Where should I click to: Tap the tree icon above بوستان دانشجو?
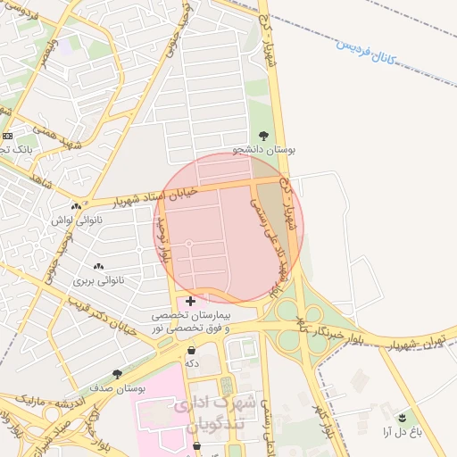[262, 135]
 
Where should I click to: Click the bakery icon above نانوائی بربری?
[97, 266]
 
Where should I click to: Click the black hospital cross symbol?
[191, 302]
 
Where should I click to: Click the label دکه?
[191, 363]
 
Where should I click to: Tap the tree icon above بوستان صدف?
[117, 374]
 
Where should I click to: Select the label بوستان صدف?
[120, 388]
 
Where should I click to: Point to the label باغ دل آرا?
[401, 432]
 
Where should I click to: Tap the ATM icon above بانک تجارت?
[7, 135]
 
